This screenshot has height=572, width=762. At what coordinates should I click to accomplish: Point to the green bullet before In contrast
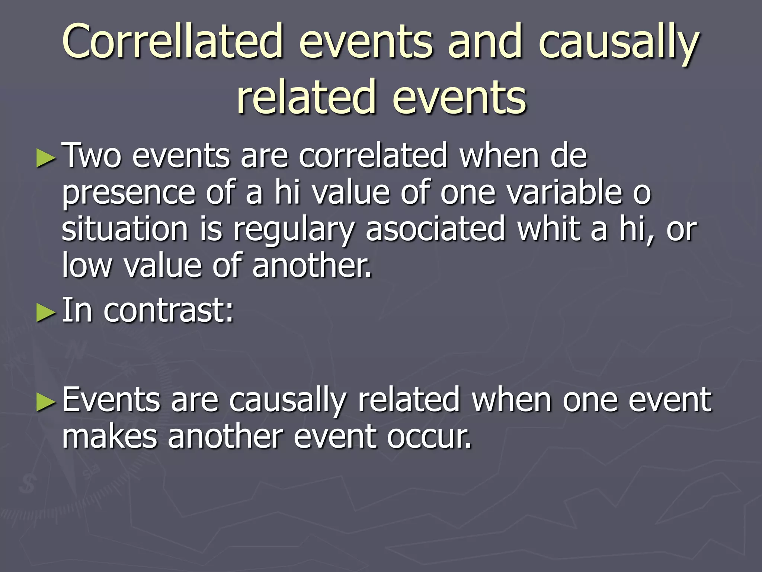46,312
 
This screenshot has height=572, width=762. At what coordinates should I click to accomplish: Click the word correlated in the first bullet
372,156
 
